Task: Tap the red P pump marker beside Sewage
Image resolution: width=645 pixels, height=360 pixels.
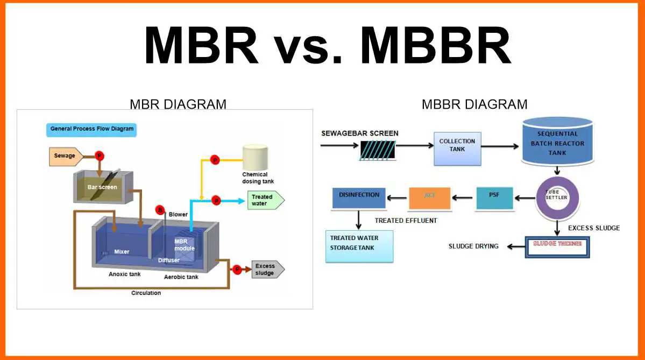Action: (x=99, y=156)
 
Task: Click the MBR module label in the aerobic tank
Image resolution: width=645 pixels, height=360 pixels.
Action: (x=181, y=245)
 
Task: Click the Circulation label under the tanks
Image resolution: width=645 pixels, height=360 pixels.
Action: (x=146, y=293)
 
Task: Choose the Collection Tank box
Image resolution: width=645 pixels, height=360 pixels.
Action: (x=457, y=148)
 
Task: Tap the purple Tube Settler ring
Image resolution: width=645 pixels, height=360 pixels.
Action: (x=557, y=197)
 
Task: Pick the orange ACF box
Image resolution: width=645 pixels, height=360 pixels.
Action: (x=429, y=198)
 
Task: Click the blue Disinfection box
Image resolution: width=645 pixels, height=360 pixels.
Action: (x=359, y=198)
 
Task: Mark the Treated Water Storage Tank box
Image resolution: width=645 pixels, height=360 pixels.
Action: (x=359, y=246)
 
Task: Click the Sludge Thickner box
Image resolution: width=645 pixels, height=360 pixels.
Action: (x=557, y=246)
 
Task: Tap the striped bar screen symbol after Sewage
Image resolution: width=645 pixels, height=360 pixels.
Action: (x=378, y=150)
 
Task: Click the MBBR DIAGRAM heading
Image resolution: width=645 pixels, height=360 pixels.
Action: (x=474, y=104)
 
